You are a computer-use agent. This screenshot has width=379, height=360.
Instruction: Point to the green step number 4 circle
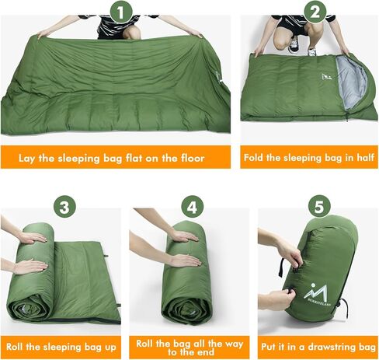[190, 208]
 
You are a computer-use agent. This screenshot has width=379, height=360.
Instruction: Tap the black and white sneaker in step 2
[295, 45]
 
